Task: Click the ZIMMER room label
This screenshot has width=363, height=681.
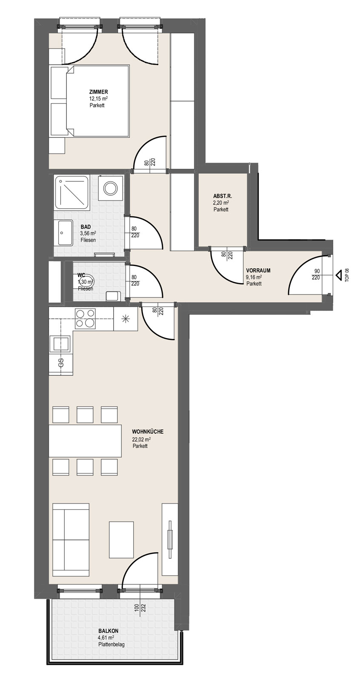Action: (98, 92)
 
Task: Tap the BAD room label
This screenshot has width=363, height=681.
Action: (86, 227)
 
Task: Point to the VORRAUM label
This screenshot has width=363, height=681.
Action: (258, 270)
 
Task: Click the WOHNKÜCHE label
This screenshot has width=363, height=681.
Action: (148, 432)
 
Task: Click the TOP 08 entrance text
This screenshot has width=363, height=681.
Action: (347, 275)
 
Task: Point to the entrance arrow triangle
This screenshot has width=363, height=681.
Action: (338, 275)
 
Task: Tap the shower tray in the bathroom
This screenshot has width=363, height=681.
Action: (72, 192)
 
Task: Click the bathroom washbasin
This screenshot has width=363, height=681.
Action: (63, 233)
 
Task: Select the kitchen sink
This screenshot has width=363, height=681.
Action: (60, 344)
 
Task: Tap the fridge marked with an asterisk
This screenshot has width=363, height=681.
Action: (126, 319)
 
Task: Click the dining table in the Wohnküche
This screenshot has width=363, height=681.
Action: (85, 441)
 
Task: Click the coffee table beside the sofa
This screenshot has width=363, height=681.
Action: (121, 540)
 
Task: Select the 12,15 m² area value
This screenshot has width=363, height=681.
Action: (99, 98)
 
